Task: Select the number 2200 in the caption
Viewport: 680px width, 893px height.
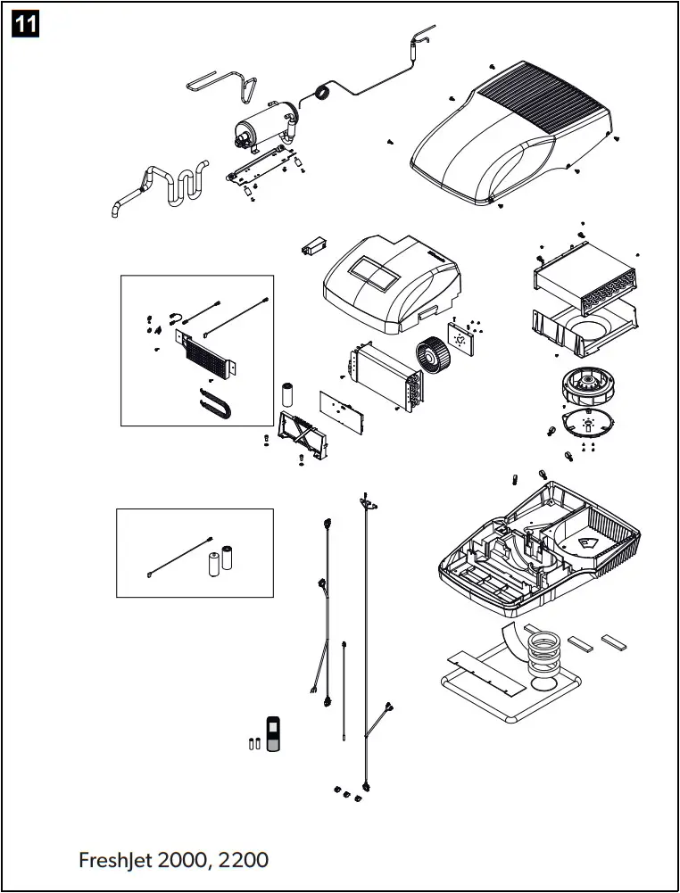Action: (243, 860)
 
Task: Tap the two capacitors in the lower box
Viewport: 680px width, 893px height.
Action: (220, 560)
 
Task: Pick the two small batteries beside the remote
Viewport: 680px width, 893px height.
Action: (253, 743)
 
